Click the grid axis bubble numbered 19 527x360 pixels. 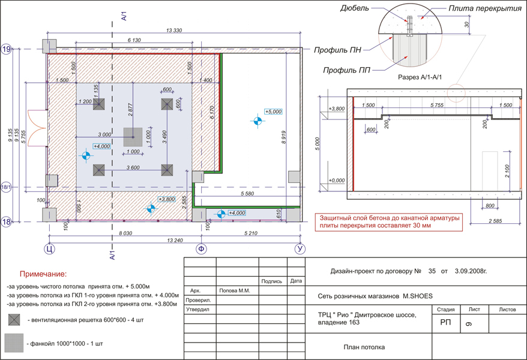7,49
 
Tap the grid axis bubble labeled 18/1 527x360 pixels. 6,187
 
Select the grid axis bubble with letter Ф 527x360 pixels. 201,249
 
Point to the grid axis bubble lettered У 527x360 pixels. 300,249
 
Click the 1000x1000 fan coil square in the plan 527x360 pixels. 133,137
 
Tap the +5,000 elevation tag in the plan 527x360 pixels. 273,112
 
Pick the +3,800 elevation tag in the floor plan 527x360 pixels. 166,199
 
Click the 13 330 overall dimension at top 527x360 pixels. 174,30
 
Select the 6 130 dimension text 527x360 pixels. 134,40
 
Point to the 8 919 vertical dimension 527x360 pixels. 283,137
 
